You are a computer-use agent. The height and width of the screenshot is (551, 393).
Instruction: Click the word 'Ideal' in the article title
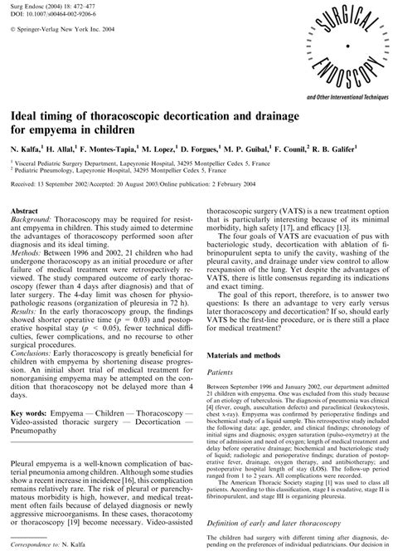pyautogui.click(x=28, y=125)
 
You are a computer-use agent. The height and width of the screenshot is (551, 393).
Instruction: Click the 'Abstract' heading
pyautogui.click(x=31, y=212)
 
